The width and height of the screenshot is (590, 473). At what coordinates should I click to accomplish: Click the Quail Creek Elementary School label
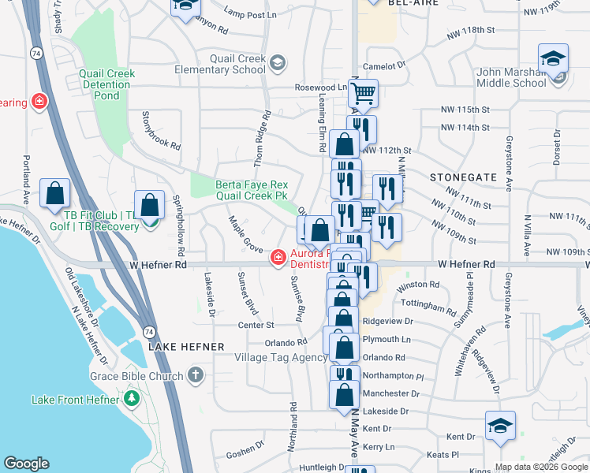pyautogui.click(x=237, y=64)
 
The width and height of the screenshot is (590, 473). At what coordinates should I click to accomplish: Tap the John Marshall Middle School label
pyautogui.click(x=511, y=77)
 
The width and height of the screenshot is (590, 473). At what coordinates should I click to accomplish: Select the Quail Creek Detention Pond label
pyautogui.click(x=107, y=84)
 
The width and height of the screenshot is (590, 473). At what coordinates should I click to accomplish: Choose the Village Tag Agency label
pyautogui.click(x=280, y=357)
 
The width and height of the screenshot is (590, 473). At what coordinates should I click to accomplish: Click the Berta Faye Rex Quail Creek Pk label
pyautogui.click(x=252, y=191)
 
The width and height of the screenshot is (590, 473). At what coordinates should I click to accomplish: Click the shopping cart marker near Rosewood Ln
pyautogui.click(x=363, y=94)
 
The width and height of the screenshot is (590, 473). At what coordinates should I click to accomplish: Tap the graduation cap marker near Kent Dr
pyautogui.click(x=500, y=426)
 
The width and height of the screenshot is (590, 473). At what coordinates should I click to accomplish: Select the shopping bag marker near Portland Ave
pyautogui.click(x=54, y=193)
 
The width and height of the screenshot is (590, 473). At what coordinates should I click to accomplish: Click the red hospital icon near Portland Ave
pyautogui.click(x=37, y=102)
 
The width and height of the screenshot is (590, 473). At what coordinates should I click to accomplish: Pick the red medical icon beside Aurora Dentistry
pyautogui.click(x=278, y=258)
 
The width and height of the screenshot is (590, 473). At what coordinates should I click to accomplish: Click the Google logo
pyautogui.click(x=26, y=464)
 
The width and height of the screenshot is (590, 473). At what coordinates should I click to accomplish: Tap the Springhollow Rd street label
pyautogui.click(x=178, y=225)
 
